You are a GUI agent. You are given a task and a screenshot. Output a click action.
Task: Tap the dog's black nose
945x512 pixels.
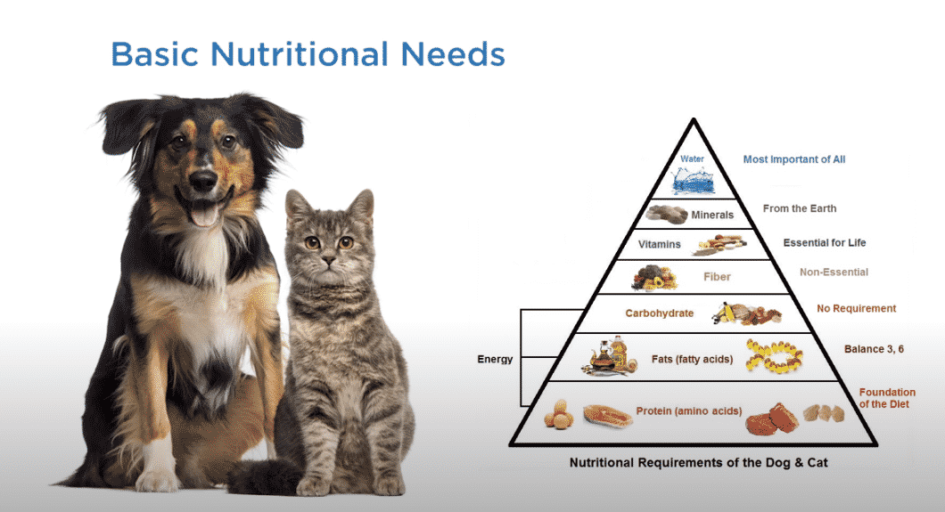pyautogui.click(x=202, y=181)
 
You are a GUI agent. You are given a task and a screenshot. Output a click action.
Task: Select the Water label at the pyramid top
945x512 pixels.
pyautogui.click(x=692, y=159)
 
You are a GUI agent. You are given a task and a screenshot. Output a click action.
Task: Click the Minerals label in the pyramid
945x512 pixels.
pyautogui.click(x=712, y=215)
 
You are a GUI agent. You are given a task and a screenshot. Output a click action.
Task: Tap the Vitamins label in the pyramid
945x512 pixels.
pyautogui.click(x=660, y=243)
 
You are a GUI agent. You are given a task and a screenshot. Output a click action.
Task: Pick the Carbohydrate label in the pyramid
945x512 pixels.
pyautogui.click(x=659, y=313)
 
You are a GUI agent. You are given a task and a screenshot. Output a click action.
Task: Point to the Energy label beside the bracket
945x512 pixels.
pyautogui.click(x=495, y=360)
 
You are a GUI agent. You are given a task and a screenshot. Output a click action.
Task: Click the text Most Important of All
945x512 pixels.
pyautogui.click(x=794, y=159)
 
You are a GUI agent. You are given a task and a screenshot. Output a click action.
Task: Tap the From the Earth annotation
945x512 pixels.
pyautogui.click(x=800, y=209)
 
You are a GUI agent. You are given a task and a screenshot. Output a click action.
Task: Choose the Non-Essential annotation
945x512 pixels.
pyautogui.click(x=832, y=272)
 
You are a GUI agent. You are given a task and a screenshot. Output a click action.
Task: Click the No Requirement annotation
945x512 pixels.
pyautogui.click(x=857, y=309)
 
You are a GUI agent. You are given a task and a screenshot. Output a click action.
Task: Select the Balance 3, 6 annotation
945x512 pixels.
pyautogui.click(x=874, y=349)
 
